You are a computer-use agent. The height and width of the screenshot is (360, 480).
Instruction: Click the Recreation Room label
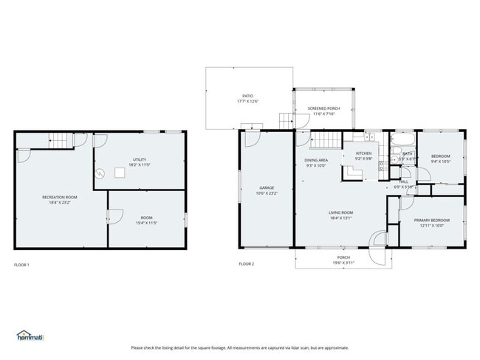pos(60,197)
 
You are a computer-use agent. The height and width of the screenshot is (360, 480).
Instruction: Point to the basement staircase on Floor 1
pos(58,139)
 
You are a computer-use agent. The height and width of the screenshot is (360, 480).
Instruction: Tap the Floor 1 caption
pos(23,264)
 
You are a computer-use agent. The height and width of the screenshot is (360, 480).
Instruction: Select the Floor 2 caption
pos(246,264)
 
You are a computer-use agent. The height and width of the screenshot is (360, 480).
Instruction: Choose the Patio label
pos(249,96)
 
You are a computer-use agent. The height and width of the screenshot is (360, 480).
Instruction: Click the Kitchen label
pos(363,153)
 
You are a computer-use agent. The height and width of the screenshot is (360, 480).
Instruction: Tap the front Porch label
pos(343,257)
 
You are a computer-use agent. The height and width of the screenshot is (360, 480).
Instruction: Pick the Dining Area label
pos(316,160)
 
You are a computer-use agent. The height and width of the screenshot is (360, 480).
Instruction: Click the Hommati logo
pos(30,336)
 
